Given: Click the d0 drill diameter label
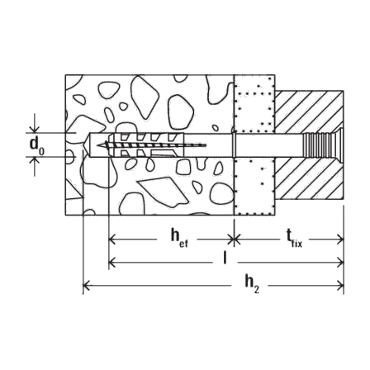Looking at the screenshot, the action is click(x=36, y=145).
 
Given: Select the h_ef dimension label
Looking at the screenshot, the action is click(x=179, y=238).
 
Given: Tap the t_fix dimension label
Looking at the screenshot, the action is click(x=294, y=239).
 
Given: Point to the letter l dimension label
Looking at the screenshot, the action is click(x=225, y=259).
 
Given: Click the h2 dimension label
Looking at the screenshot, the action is click(x=252, y=284).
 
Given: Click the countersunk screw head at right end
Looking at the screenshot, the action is click(x=339, y=145).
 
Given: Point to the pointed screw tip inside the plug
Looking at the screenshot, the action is click(x=97, y=145).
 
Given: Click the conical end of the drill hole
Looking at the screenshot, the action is click(x=86, y=145).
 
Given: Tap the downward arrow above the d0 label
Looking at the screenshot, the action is click(x=34, y=129).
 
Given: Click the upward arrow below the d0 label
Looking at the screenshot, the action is click(x=34, y=161).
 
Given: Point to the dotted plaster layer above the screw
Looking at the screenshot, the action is click(x=254, y=104).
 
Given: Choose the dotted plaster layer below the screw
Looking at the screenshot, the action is click(x=254, y=186).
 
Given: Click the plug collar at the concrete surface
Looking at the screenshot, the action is click(x=234, y=145).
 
